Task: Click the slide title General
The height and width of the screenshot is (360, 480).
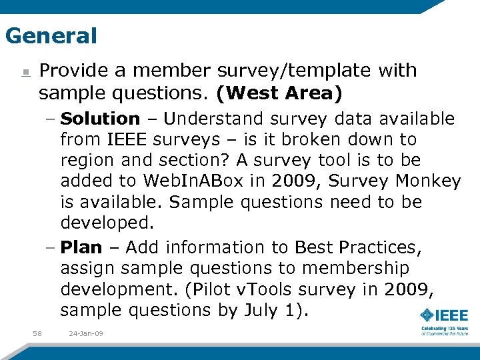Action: (x=51, y=35)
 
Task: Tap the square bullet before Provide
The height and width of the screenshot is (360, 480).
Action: (x=24, y=71)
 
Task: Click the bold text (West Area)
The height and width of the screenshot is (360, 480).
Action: (x=279, y=93)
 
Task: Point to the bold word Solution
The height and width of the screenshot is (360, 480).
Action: (x=100, y=119)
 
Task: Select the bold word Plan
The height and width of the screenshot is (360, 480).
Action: (x=81, y=247)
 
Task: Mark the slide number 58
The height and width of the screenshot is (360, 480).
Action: (x=37, y=333)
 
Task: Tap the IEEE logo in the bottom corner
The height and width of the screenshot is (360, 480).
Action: (x=444, y=316)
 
